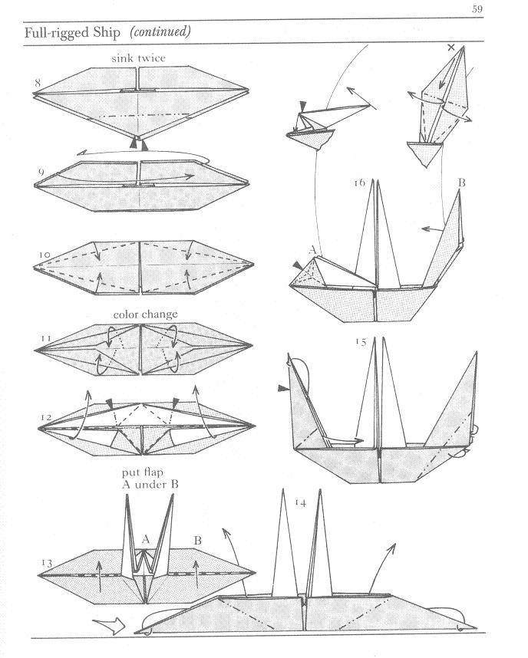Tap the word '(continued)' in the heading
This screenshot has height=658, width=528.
coord(160,32)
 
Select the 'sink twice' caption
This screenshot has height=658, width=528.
coord(138,58)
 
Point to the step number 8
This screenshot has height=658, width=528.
coord(38,82)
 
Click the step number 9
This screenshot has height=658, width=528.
coord(38,169)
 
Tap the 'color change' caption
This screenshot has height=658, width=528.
coord(145,314)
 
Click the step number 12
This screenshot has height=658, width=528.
coord(46,417)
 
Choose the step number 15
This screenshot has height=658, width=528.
coord(361,342)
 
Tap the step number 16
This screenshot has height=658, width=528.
coord(359,183)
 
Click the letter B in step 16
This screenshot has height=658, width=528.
coord(462,183)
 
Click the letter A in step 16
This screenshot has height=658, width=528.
coord(312,248)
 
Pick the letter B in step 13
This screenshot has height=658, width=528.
coord(197,541)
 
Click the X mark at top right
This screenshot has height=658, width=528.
coord(450,48)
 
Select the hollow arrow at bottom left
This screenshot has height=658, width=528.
coord(109,626)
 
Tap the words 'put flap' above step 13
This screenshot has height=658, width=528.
coord(140,472)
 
